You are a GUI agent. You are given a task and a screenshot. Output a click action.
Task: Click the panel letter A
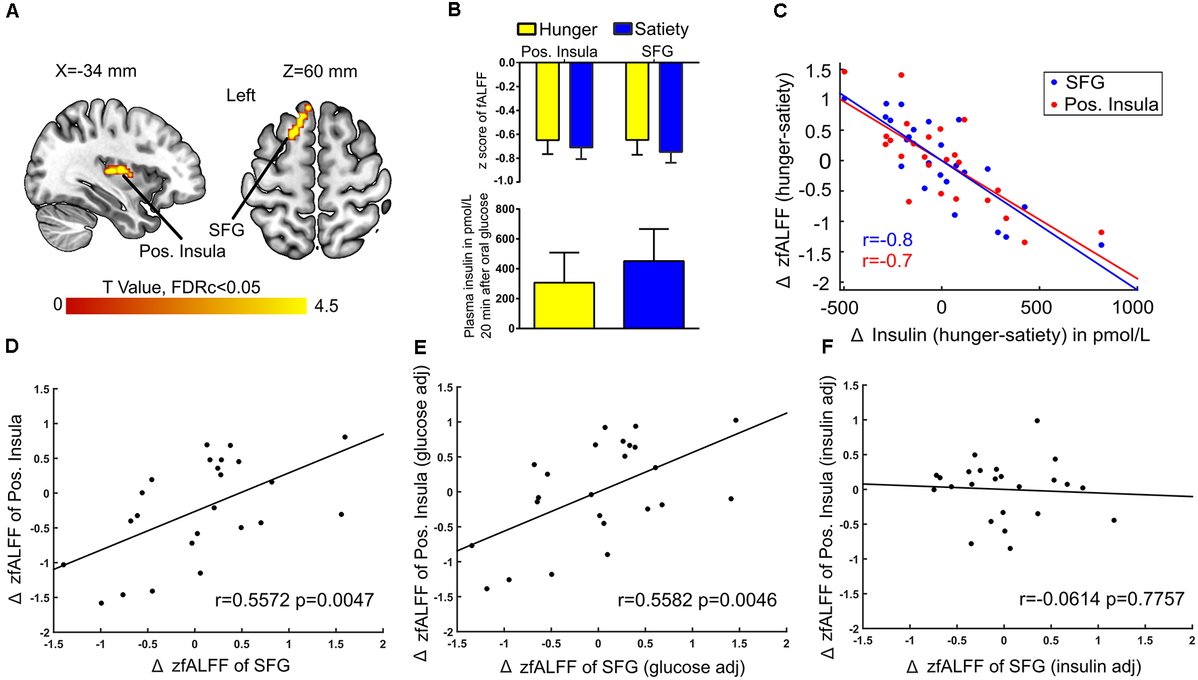tap(12, 11)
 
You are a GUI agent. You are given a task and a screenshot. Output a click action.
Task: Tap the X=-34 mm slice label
tap(96, 71)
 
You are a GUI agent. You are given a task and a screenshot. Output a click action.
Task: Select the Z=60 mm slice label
tap(320, 71)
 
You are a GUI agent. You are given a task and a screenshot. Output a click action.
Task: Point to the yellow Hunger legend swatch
tap(527, 29)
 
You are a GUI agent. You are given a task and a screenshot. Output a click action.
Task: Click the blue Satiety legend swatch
tap(623, 29)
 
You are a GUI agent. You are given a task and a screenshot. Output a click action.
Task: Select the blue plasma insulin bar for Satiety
tap(654, 294)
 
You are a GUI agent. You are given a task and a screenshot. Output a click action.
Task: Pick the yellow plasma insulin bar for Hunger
tap(564, 305)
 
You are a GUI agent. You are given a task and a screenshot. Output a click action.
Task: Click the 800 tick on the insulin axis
tap(505, 209)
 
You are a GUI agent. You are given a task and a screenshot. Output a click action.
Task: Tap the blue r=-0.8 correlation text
tap(887, 240)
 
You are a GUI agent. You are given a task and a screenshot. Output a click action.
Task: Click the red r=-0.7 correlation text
tap(887, 261)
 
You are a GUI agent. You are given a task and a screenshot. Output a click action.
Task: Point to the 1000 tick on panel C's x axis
tap(1133, 308)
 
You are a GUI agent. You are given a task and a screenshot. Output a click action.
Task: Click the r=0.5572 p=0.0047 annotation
tap(294, 600)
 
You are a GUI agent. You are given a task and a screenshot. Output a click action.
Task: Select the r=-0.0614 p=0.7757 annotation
tap(1101, 599)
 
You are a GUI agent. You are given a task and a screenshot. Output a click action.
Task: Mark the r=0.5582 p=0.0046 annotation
tap(697, 600)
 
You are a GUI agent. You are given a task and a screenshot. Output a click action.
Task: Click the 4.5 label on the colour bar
tap(326, 306)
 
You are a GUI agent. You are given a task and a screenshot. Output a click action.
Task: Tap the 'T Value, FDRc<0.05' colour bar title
tap(181, 287)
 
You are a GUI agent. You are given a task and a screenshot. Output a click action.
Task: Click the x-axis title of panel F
tap(1024, 667)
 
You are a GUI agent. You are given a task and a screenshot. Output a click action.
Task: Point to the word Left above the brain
tap(241, 95)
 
